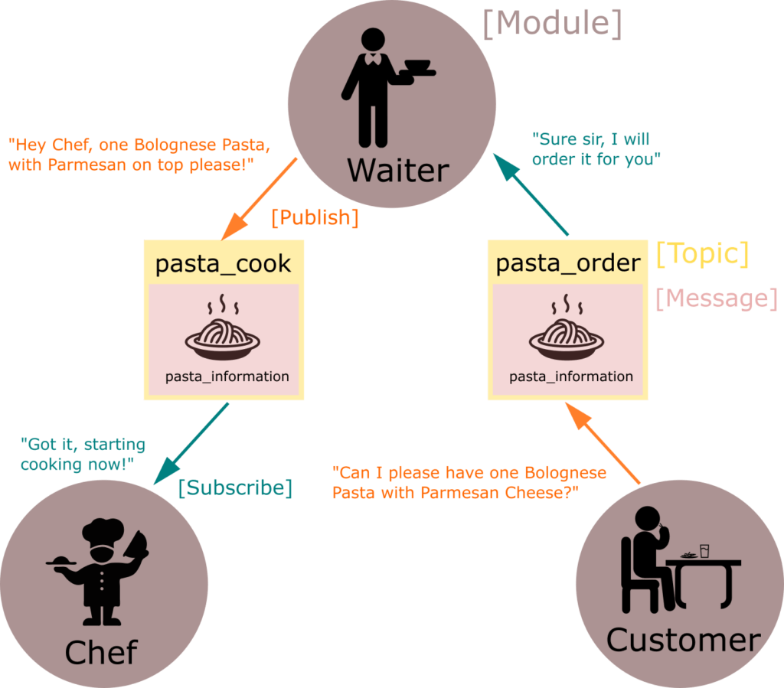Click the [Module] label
pyautogui.click(x=551, y=24)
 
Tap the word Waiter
pyautogui.click(x=397, y=170)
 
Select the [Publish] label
pyautogui.click(x=315, y=217)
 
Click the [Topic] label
pyautogui.click(x=702, y=254)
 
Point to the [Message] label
pyautogui.click(x=717, y=298)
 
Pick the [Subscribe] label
pyautogui.click(x=236, y=487)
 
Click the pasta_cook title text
pyautogui.click(x=223, y=264)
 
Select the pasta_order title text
pyautogui.click(x=568, y=264)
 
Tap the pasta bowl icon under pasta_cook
pyautogui.click(x=223, y=334)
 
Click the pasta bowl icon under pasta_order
pyautogui.click(x=567, y=334)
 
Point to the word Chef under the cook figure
pyautogui.click(x=100, y=653)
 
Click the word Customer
pyautogui.click(x=683, y=640)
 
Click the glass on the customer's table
pyautogui.click(x=704, y=550)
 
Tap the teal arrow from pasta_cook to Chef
pyautogui.click(x=191, y=443)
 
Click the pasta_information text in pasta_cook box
pyautogui.click(x=227, y=377)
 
